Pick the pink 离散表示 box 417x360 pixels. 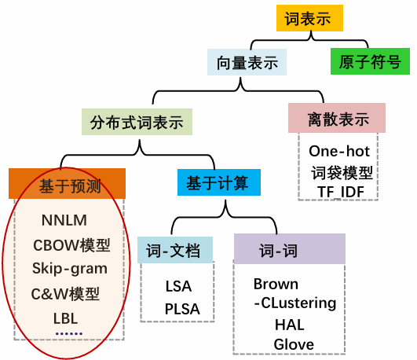pos(338,119)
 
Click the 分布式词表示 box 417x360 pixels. pos(137,123)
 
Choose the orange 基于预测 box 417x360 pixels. pos(68,185)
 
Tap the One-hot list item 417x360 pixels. pos(339,150)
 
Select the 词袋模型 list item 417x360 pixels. pos(339,171)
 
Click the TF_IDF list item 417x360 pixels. pos(339,190)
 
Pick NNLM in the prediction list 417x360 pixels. pos(65,220)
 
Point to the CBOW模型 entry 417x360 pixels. pos(71,245)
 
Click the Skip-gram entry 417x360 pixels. pos(70,269)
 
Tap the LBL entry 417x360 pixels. pos(65,320)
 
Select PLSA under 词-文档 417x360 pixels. pos(182,309)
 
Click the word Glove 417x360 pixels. pos(294,343)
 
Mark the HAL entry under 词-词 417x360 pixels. pos(289,324)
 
